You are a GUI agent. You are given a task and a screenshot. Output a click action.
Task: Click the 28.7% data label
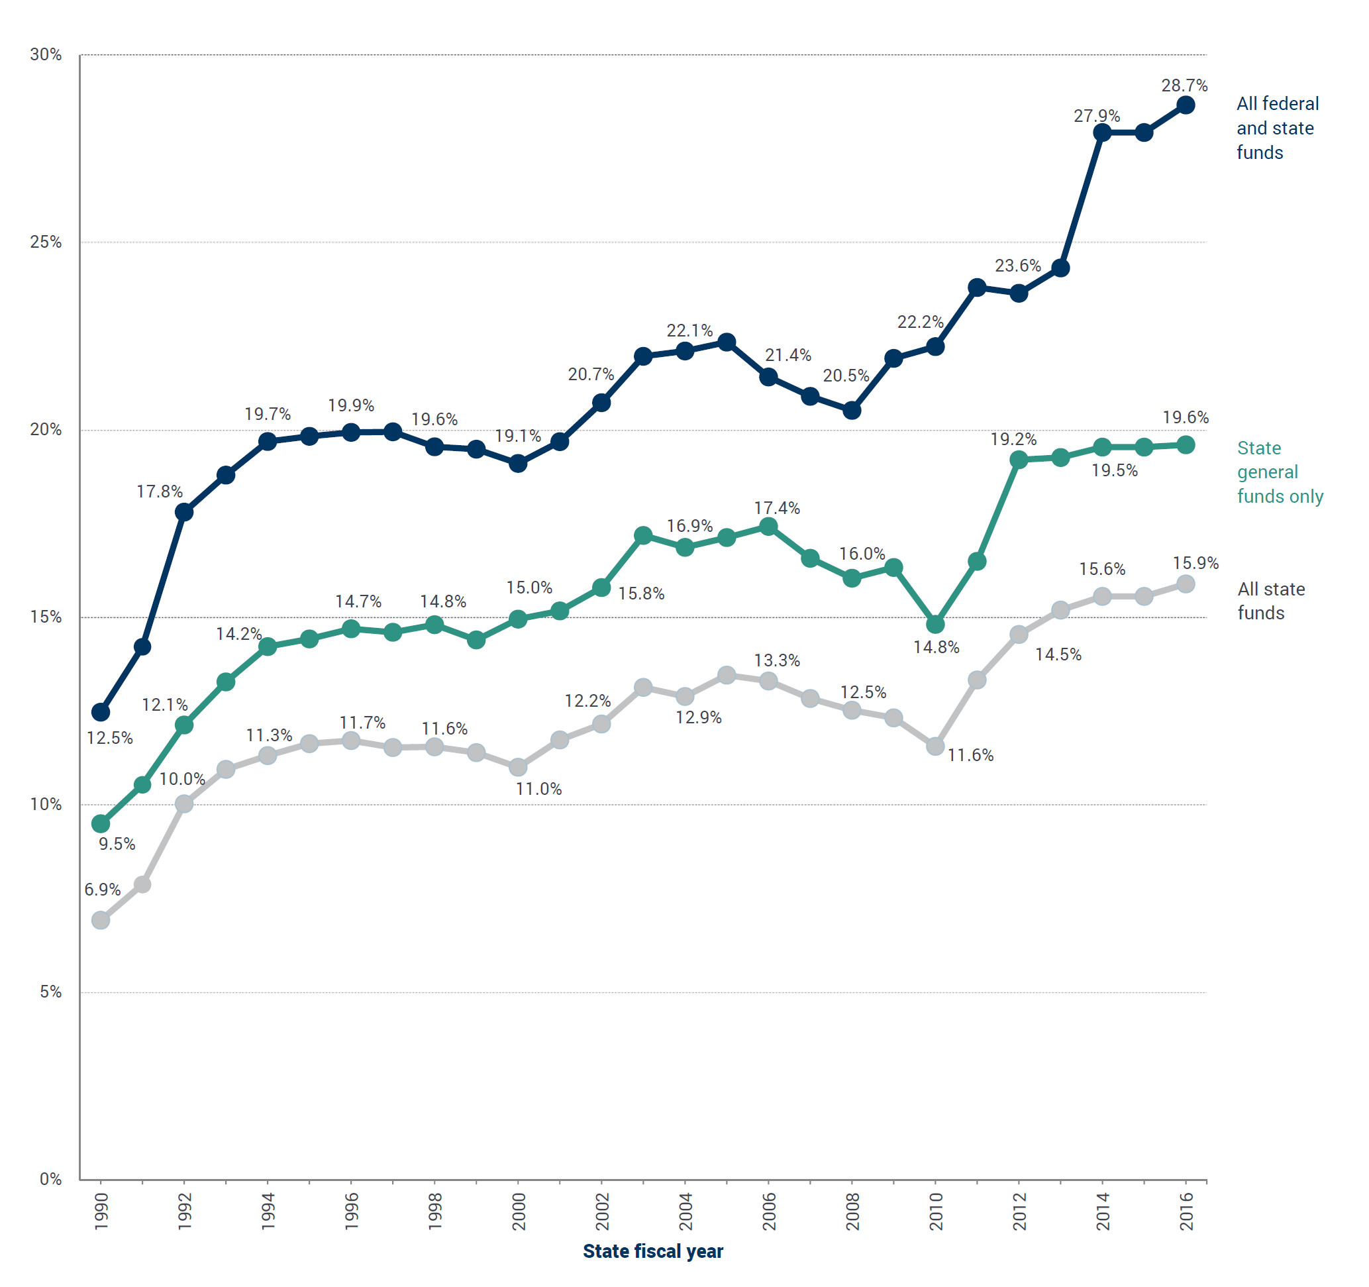pyautogui.click(x=1184, y=85)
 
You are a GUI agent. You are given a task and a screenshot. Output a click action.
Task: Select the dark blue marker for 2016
pyautogui.click(x=1185, y=105)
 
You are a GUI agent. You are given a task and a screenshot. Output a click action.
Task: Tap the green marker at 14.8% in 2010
pyautogui.click(x=935, y=625)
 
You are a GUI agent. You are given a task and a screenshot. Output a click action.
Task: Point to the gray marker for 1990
pyautogui.click(x=101, y=920)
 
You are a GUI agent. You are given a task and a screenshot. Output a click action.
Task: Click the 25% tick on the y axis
pyautogui.click(x=46, y=242)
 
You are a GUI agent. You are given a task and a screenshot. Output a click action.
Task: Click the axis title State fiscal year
pyautogui.click(x=652, y=1251)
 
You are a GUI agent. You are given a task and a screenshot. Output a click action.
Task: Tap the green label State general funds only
pyautogui.click(x=1279, y=472)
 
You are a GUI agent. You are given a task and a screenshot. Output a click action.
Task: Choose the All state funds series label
pyautogui.click(x=1270, y=601)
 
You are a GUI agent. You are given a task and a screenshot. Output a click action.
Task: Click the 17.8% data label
pyautogui.click(x=159, y=491)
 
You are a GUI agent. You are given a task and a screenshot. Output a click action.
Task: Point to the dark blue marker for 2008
pyautogui.click(x=851, y=411)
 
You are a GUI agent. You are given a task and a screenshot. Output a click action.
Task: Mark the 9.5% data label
pyautogui.click(x=117, y=845)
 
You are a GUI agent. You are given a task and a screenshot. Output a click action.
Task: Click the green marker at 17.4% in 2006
pyautogui.click(x=768, y=527)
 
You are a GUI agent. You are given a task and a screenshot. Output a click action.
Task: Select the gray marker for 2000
pyautogui.click(x=518, y=766)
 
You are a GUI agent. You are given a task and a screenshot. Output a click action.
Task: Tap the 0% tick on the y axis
pyautogui.click(x=50, y=1180)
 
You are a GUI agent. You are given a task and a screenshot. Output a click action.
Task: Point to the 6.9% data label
pyautogui.click(x=102, y=890)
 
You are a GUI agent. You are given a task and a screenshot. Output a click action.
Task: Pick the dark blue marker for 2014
pyautogui.click(x=1102, y=132)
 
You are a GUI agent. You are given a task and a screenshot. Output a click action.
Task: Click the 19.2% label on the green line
pyautogui.click(x=1013, y=439)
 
